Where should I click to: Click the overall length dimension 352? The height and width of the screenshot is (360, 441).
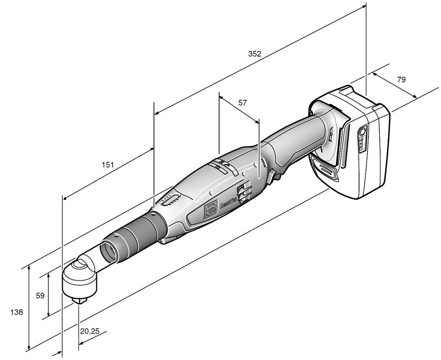pos(255,53)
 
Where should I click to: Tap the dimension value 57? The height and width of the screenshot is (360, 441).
pos(242,103)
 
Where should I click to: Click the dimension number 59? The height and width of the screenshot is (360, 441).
pos(40,296)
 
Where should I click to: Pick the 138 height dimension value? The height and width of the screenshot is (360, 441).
pos(17,312)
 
